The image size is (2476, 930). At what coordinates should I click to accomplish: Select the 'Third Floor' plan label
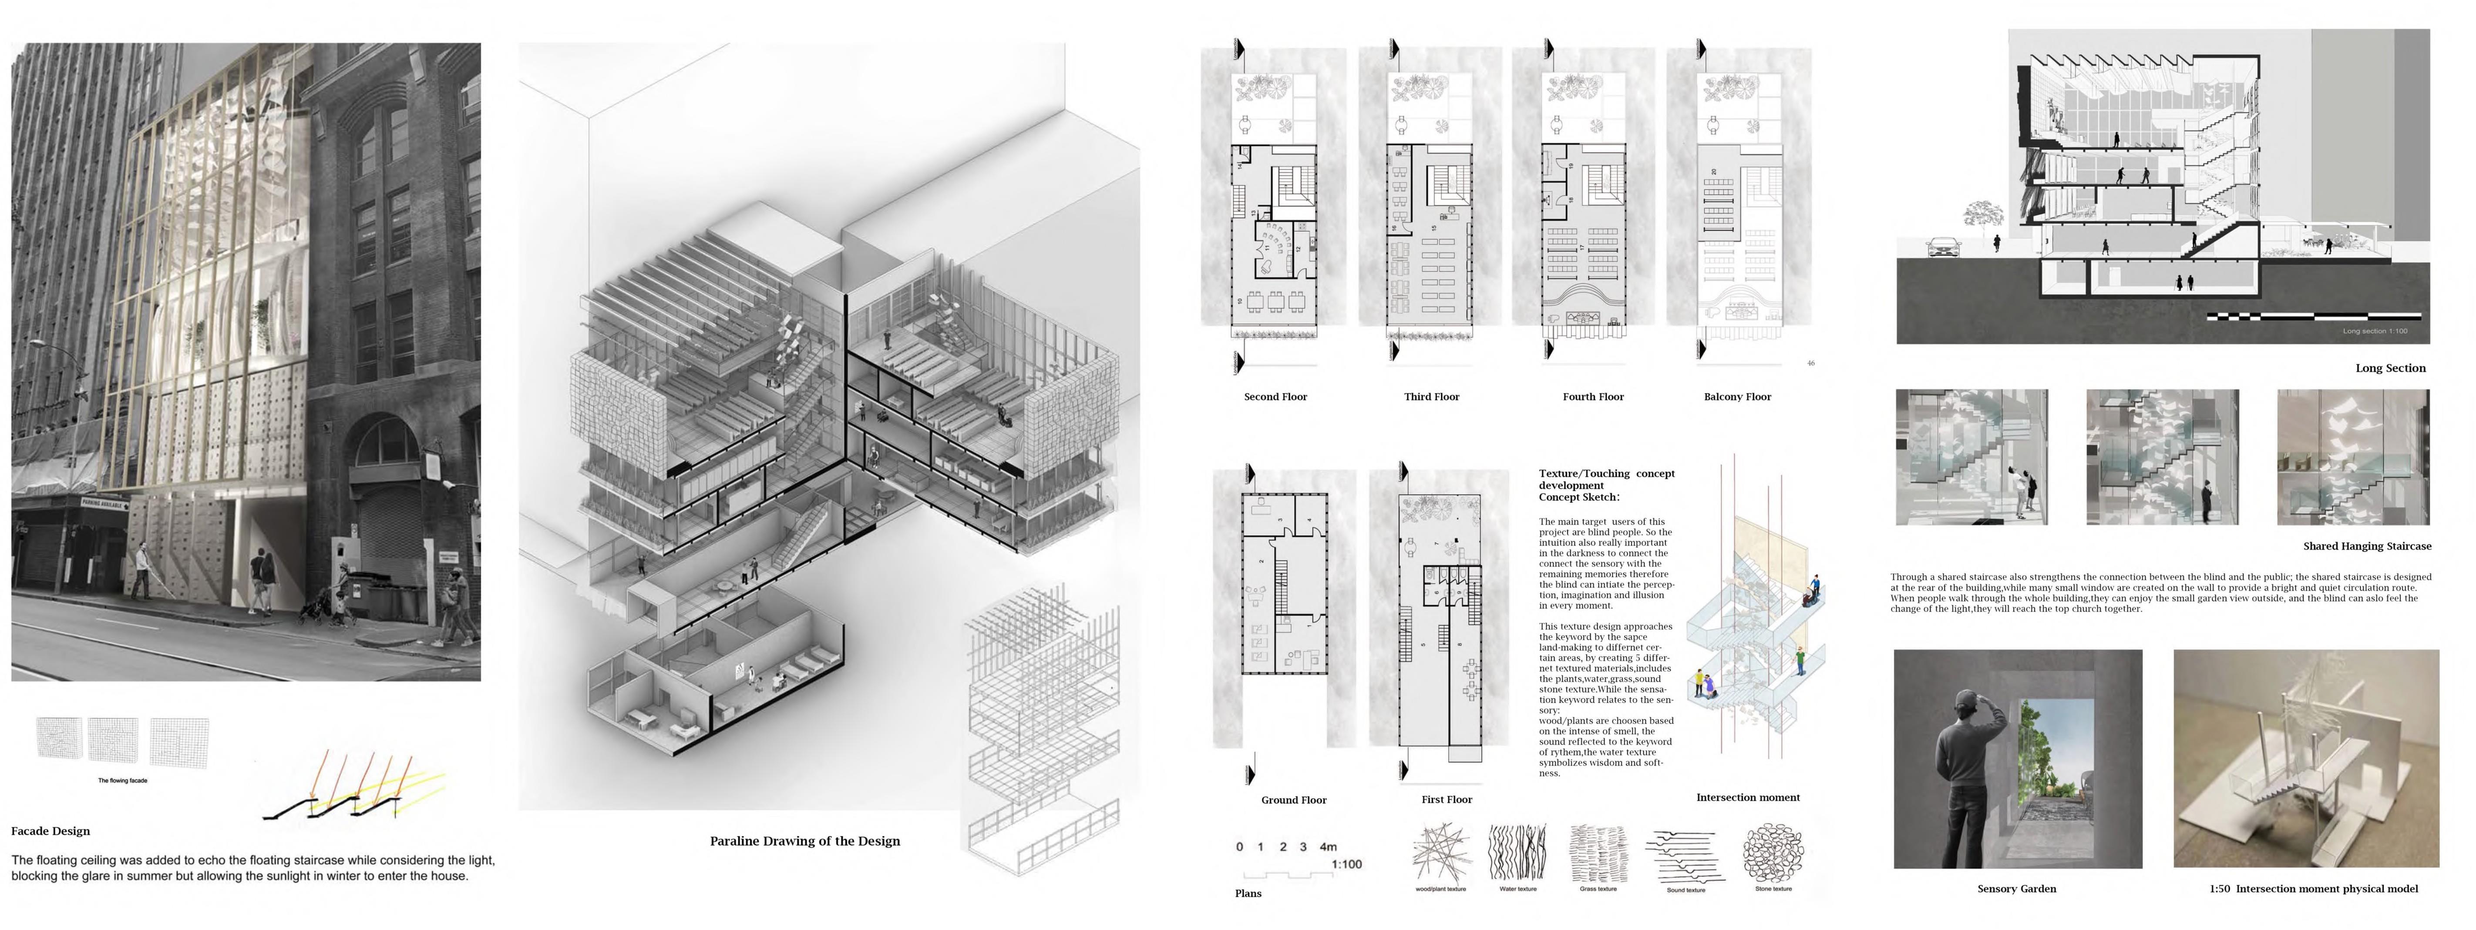1431,397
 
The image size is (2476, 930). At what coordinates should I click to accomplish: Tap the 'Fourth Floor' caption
1593,397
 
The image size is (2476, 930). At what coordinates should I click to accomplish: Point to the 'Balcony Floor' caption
1737,397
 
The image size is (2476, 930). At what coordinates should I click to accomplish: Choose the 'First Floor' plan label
1447,800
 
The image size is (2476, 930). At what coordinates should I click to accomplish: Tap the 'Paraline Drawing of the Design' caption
804,841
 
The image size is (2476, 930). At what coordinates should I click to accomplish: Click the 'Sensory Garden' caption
2017,889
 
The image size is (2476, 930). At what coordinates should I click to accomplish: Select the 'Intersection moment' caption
1747,797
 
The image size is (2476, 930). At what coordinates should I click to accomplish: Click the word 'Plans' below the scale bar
1248,893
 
